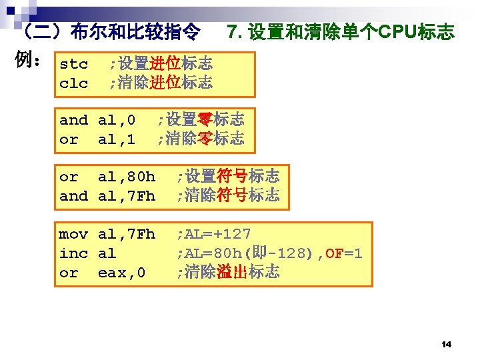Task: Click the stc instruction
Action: click(73, 65)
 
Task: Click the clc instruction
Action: click(73, 83)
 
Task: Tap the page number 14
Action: click(447, 344)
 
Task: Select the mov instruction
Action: click(73, 234)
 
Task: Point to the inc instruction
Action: click(73, 253)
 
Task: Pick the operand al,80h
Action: click(127, 177)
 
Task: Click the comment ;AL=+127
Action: click(213, 234)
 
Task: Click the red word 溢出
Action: click(233, 272)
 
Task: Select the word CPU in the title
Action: click(397, 31)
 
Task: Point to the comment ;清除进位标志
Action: click(161, 83)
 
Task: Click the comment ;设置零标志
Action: click(201, 120)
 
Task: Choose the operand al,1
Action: click(117, 139)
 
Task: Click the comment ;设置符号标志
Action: click(227, 177)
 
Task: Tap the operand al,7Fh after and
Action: click(127, 196)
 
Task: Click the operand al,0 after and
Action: click(117, 121)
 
